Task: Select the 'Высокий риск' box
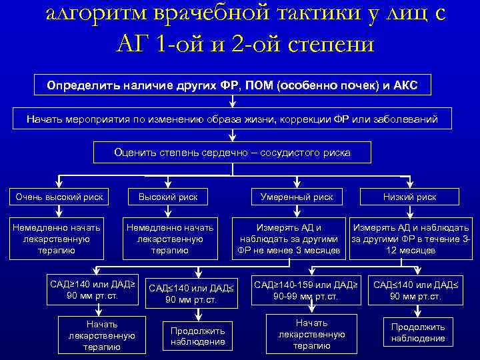(x=168, y=197)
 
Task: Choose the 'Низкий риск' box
(x=409, y=197)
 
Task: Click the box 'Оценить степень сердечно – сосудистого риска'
(x=232, y=153)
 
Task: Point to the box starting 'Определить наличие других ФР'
(x=232, y=86)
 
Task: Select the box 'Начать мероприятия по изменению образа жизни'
(x=232, y=119)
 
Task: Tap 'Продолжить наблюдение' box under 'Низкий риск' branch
(x=418, y=333)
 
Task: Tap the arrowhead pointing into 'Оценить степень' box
(x=232, y=138)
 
